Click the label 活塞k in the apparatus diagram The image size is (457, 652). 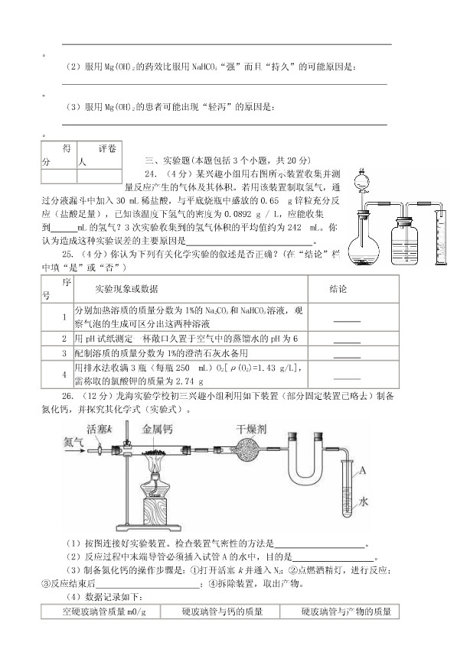tap(100, 428)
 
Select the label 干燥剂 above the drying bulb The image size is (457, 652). tap(251, 429)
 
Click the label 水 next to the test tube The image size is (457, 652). tap(362, 502)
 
